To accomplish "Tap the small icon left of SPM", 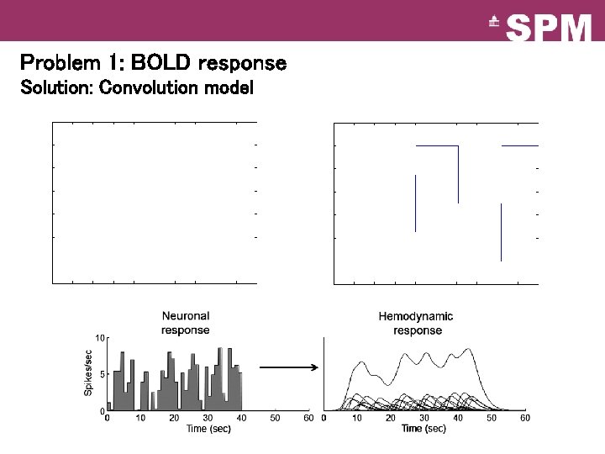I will click(494, 24).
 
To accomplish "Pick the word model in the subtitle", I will click(229, 87).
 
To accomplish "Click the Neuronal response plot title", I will click(185, 323).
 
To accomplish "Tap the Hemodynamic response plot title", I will click(416, 323).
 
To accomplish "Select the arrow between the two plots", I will click(288, 367).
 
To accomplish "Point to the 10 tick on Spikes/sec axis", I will click(99, 338).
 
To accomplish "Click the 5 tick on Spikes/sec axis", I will click(102, 375).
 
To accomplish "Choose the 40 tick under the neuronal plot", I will click(241, 418).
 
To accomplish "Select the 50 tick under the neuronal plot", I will click(275, 418).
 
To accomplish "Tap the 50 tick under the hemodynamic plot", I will click(492, 418).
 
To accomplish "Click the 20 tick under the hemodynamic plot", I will click(391, 418).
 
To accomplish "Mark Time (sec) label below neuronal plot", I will click(208, 429).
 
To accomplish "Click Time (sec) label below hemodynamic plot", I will click(424, 429).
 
